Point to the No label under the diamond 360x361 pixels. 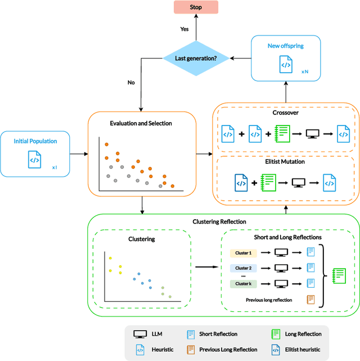pyautogui.click(x=131, y=82)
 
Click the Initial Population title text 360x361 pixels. pyautogui.click(x=35, y=141)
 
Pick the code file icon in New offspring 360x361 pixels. pyautogui.click(x=286, y=65)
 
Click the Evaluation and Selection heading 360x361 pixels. pyautogui.click(x=141, y=123)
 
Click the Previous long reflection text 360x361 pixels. pyautogui.click(x=269, y=300)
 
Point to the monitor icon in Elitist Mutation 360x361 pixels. pyautogui.click(x=298, y=183)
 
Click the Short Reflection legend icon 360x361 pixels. pyautogui.click(x=190, y=334)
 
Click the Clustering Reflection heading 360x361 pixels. pyautogui.click(x=219, y=222)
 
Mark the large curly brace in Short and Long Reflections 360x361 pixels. pyautogui.click(x=323, y=276)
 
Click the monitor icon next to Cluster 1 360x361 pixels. pyautogui.click(x=281, y=253)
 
